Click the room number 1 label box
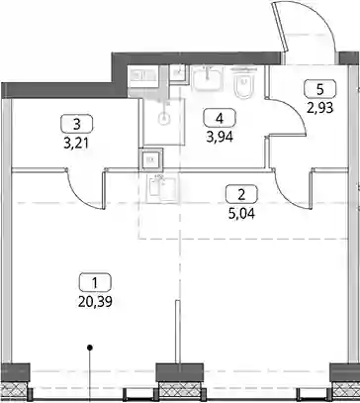[95, 282]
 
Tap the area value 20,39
[95, 302]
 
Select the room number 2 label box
[241, 194]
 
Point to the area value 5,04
[241, 214]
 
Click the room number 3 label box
[77, 124]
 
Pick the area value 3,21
[77, 144]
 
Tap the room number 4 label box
[220, 118]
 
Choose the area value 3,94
[220, 137]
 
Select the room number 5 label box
[320, 89]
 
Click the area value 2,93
[320, 108]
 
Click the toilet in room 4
[243, 82]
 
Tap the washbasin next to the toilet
[207, 78]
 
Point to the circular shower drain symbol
[163, 118]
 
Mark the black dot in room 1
[89, 348]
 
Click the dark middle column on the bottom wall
[179, 372]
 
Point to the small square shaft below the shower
[151, 159]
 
